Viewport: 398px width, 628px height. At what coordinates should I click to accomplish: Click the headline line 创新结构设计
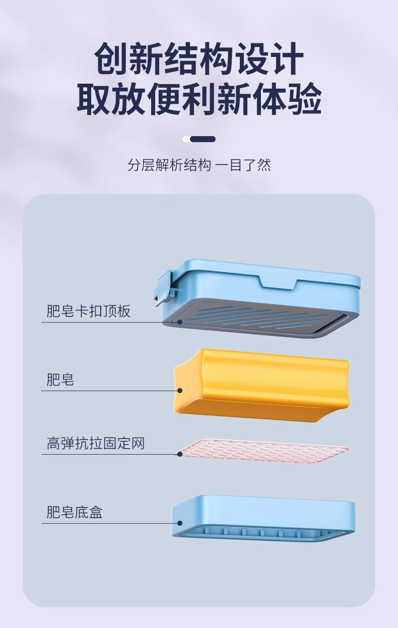tap(199, 59)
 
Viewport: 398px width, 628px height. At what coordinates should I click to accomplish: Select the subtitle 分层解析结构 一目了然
tap(199, 165)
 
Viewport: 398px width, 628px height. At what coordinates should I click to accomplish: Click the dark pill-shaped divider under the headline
tap(203, 139)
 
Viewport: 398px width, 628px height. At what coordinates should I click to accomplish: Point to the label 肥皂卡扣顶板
tap(89, 311)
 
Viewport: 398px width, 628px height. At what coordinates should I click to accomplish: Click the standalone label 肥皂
tap(60, 379)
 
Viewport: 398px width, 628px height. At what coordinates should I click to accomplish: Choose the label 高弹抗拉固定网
tap(96, 444)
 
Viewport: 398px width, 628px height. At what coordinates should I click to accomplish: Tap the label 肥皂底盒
tap(75, 513)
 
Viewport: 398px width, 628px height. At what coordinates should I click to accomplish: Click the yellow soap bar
tap(262, 383)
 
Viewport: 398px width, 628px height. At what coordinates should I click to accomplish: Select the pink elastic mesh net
tap(262, 450)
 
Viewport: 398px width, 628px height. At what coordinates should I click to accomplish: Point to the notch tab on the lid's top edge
tap(277, 282)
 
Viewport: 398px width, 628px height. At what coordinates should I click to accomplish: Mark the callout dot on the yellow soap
tap(180, 390)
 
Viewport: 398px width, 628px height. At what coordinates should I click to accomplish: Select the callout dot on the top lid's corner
tap(180, 321)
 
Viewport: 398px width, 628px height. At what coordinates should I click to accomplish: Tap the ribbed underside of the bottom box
tap(262, 533)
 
